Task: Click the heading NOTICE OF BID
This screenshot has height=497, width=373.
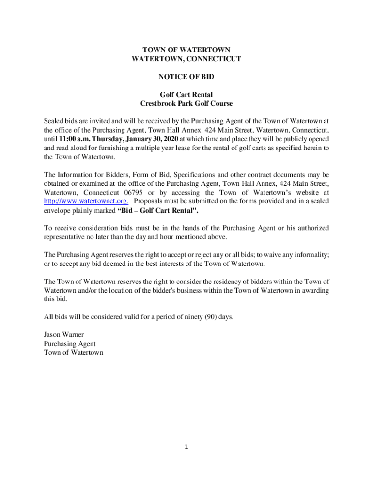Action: pyautogui.click(x=186, y=77)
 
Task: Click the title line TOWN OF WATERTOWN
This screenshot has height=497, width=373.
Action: pyautogui.click(x=186, y=50)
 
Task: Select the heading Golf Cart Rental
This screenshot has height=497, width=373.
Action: pyautogui.click(x=186, y=95)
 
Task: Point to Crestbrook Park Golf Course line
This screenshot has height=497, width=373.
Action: pyautogui.click(x=186, y=103)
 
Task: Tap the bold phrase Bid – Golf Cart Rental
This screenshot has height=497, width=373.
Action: pyautogui.click(x=158, y=210)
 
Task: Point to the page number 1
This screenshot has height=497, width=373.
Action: pyautogui.click(x=186, y=447)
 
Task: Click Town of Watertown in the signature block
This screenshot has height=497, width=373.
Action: pyautogui.click(x=73, y=353)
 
